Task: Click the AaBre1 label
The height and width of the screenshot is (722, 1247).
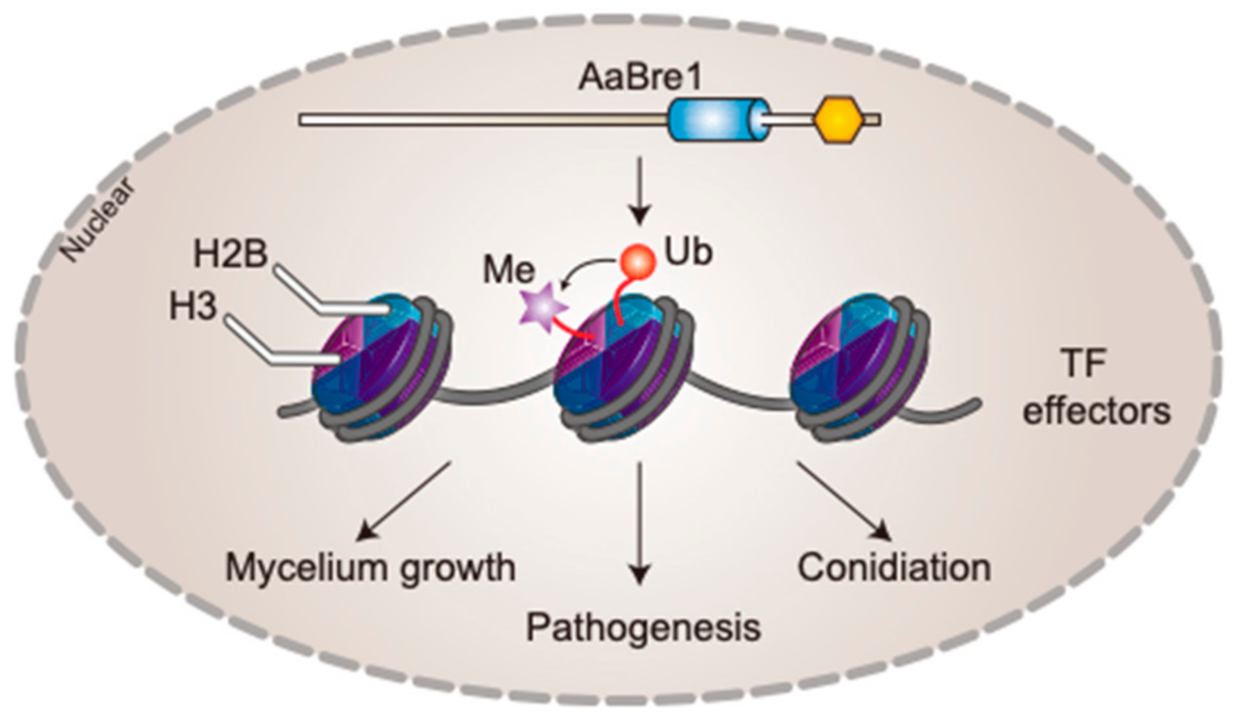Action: point(639,78)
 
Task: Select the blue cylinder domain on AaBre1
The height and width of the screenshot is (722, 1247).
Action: point(718,120)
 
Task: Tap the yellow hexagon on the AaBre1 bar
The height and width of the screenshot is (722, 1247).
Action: point(838,120)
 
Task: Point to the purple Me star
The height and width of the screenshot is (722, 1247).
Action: point(543,305)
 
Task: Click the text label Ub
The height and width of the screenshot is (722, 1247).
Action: point(688,251)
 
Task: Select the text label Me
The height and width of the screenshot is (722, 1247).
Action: point(509,269)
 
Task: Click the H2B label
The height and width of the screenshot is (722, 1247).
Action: point(230,254)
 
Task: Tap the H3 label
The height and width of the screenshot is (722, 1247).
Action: point(193,306)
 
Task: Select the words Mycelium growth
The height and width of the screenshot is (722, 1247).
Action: point(370,568)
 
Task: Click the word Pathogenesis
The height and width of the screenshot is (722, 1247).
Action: point(643,627)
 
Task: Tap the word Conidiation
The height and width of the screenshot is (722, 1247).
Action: point(893,567)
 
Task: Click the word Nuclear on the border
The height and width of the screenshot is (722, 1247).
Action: point(96,219)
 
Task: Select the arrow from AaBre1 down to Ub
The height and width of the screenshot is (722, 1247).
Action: point(639,190)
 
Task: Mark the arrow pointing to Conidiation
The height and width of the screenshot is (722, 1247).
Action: point(843,501)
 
